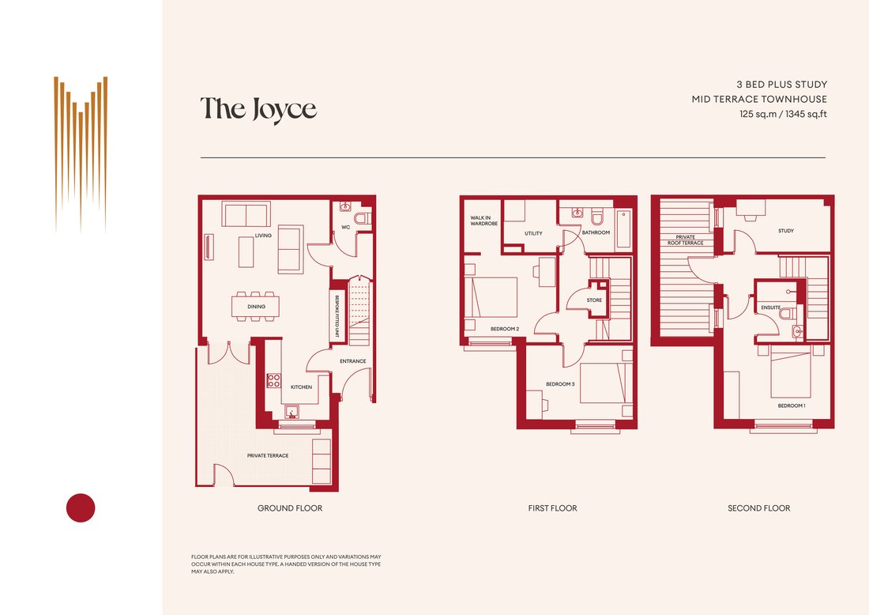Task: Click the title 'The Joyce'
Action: tap(258, 109)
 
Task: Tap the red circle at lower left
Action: tap(81, 508)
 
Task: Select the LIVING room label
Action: tap(263, 236)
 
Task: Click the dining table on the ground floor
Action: tap(255, 306)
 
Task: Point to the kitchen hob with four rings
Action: tap(274, 380)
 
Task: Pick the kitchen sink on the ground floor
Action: tap(292, 412)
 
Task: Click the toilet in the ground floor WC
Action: tap(363, 218)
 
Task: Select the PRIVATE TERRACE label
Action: tap(268, 456)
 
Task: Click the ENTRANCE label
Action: tap(353, 361)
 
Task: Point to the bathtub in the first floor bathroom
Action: tap(623, 228)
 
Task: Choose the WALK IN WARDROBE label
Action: tap(483, 221)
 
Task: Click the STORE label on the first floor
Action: tap(594, 300)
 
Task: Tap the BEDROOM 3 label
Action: tap(560, 384)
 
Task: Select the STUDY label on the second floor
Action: tap(786, 231)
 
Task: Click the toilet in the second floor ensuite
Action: tap(787, 314)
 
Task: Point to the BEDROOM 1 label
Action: tap(792, 406)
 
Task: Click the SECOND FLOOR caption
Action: tap(758, 508)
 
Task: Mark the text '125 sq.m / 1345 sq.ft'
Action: tap(783, 115)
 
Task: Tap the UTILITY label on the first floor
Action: tap(534, 233)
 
